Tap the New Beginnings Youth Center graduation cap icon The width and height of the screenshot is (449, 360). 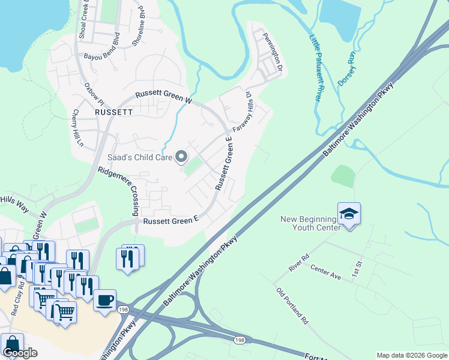click(349, 214)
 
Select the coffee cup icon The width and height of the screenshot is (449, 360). click(104, 299)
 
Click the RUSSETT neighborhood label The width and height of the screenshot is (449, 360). click(113, 112)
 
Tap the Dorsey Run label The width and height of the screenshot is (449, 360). click(348, 67)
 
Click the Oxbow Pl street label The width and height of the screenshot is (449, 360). click(94, 92)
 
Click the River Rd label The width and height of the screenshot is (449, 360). click(298, 262)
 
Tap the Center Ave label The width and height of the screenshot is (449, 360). click(325, 274)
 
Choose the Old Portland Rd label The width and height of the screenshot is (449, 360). click(292, 305)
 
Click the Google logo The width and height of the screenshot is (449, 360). click(20, 353)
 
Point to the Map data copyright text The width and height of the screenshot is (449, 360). click(412, 355)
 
